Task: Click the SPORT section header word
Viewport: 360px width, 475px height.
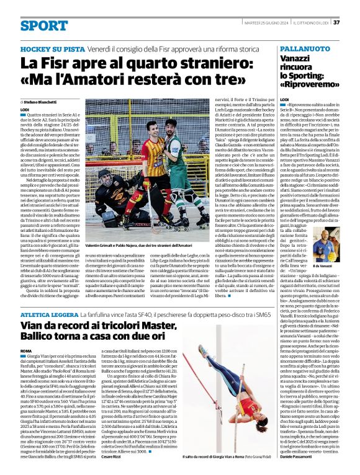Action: (x=44, y=25)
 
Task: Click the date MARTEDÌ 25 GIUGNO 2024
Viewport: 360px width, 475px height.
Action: (x=261, y=22)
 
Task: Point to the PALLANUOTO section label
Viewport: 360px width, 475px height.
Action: (x=304, y=48)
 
